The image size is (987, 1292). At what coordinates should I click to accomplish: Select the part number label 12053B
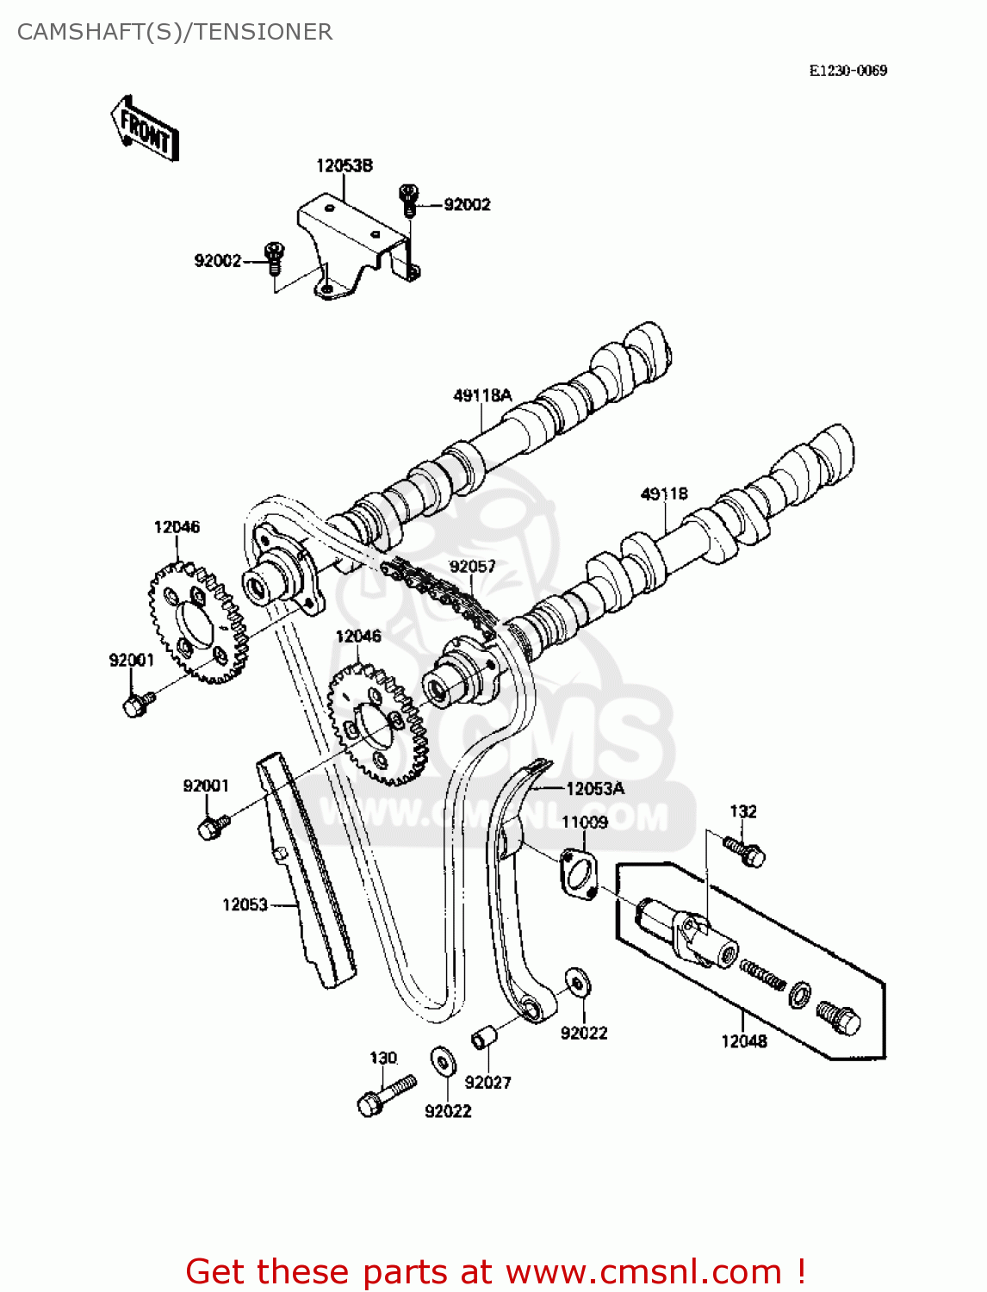(344, 165)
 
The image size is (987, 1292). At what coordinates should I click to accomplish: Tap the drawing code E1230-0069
(847, 71)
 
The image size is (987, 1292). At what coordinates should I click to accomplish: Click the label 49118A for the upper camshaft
(482, 395)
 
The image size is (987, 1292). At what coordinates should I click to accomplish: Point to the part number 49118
(664, 494)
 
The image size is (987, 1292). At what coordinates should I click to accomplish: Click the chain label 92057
(473, 566)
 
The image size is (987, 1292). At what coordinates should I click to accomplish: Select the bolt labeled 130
(385, 1096)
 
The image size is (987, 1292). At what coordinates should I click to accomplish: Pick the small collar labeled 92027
(481, 1039)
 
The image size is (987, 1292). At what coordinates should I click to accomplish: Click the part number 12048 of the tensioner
(743, 1040)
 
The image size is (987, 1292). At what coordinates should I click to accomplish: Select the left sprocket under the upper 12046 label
(197, 622)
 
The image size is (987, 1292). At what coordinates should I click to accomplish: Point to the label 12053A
(594, 788)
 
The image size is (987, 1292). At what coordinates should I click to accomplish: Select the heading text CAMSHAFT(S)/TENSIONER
(175, 32)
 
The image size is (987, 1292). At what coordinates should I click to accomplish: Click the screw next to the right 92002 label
(408, 200)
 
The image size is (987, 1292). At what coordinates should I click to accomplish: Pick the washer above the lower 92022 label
(444, 1061)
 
